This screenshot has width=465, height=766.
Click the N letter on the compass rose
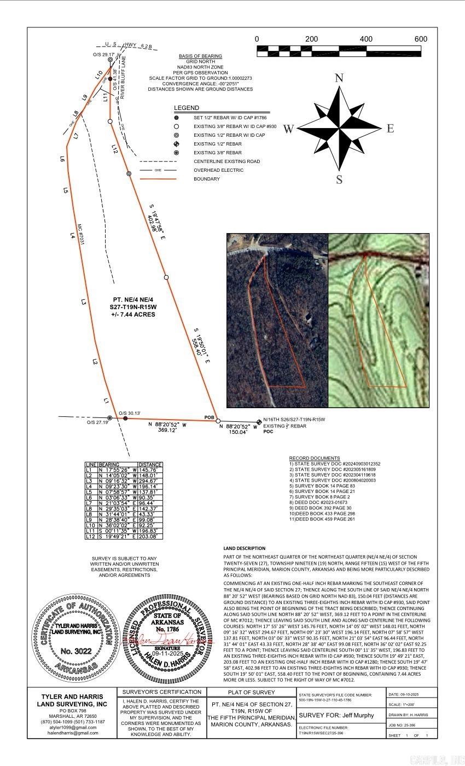click(339, 78)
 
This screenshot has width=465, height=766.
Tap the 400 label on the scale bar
click(366, 39)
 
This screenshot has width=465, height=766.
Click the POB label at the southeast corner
click(209, 417)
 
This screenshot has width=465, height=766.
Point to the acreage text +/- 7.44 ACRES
click(133, 315)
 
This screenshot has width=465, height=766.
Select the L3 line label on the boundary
click(84, 301)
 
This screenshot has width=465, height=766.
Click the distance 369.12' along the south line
click(169, 431)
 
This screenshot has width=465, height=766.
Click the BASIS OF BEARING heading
click(200, 56)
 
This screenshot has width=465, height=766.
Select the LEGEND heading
click(187, 108)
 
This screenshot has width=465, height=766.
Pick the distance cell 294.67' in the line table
click(150, 481)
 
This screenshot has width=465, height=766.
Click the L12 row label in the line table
click(90, 537)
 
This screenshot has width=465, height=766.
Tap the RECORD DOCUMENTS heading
click(315, 458)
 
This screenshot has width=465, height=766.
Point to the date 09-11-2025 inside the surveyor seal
click(165, 653)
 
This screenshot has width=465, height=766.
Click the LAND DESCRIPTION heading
click(244, 548)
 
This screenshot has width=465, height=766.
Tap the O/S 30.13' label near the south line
click(130, 413)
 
